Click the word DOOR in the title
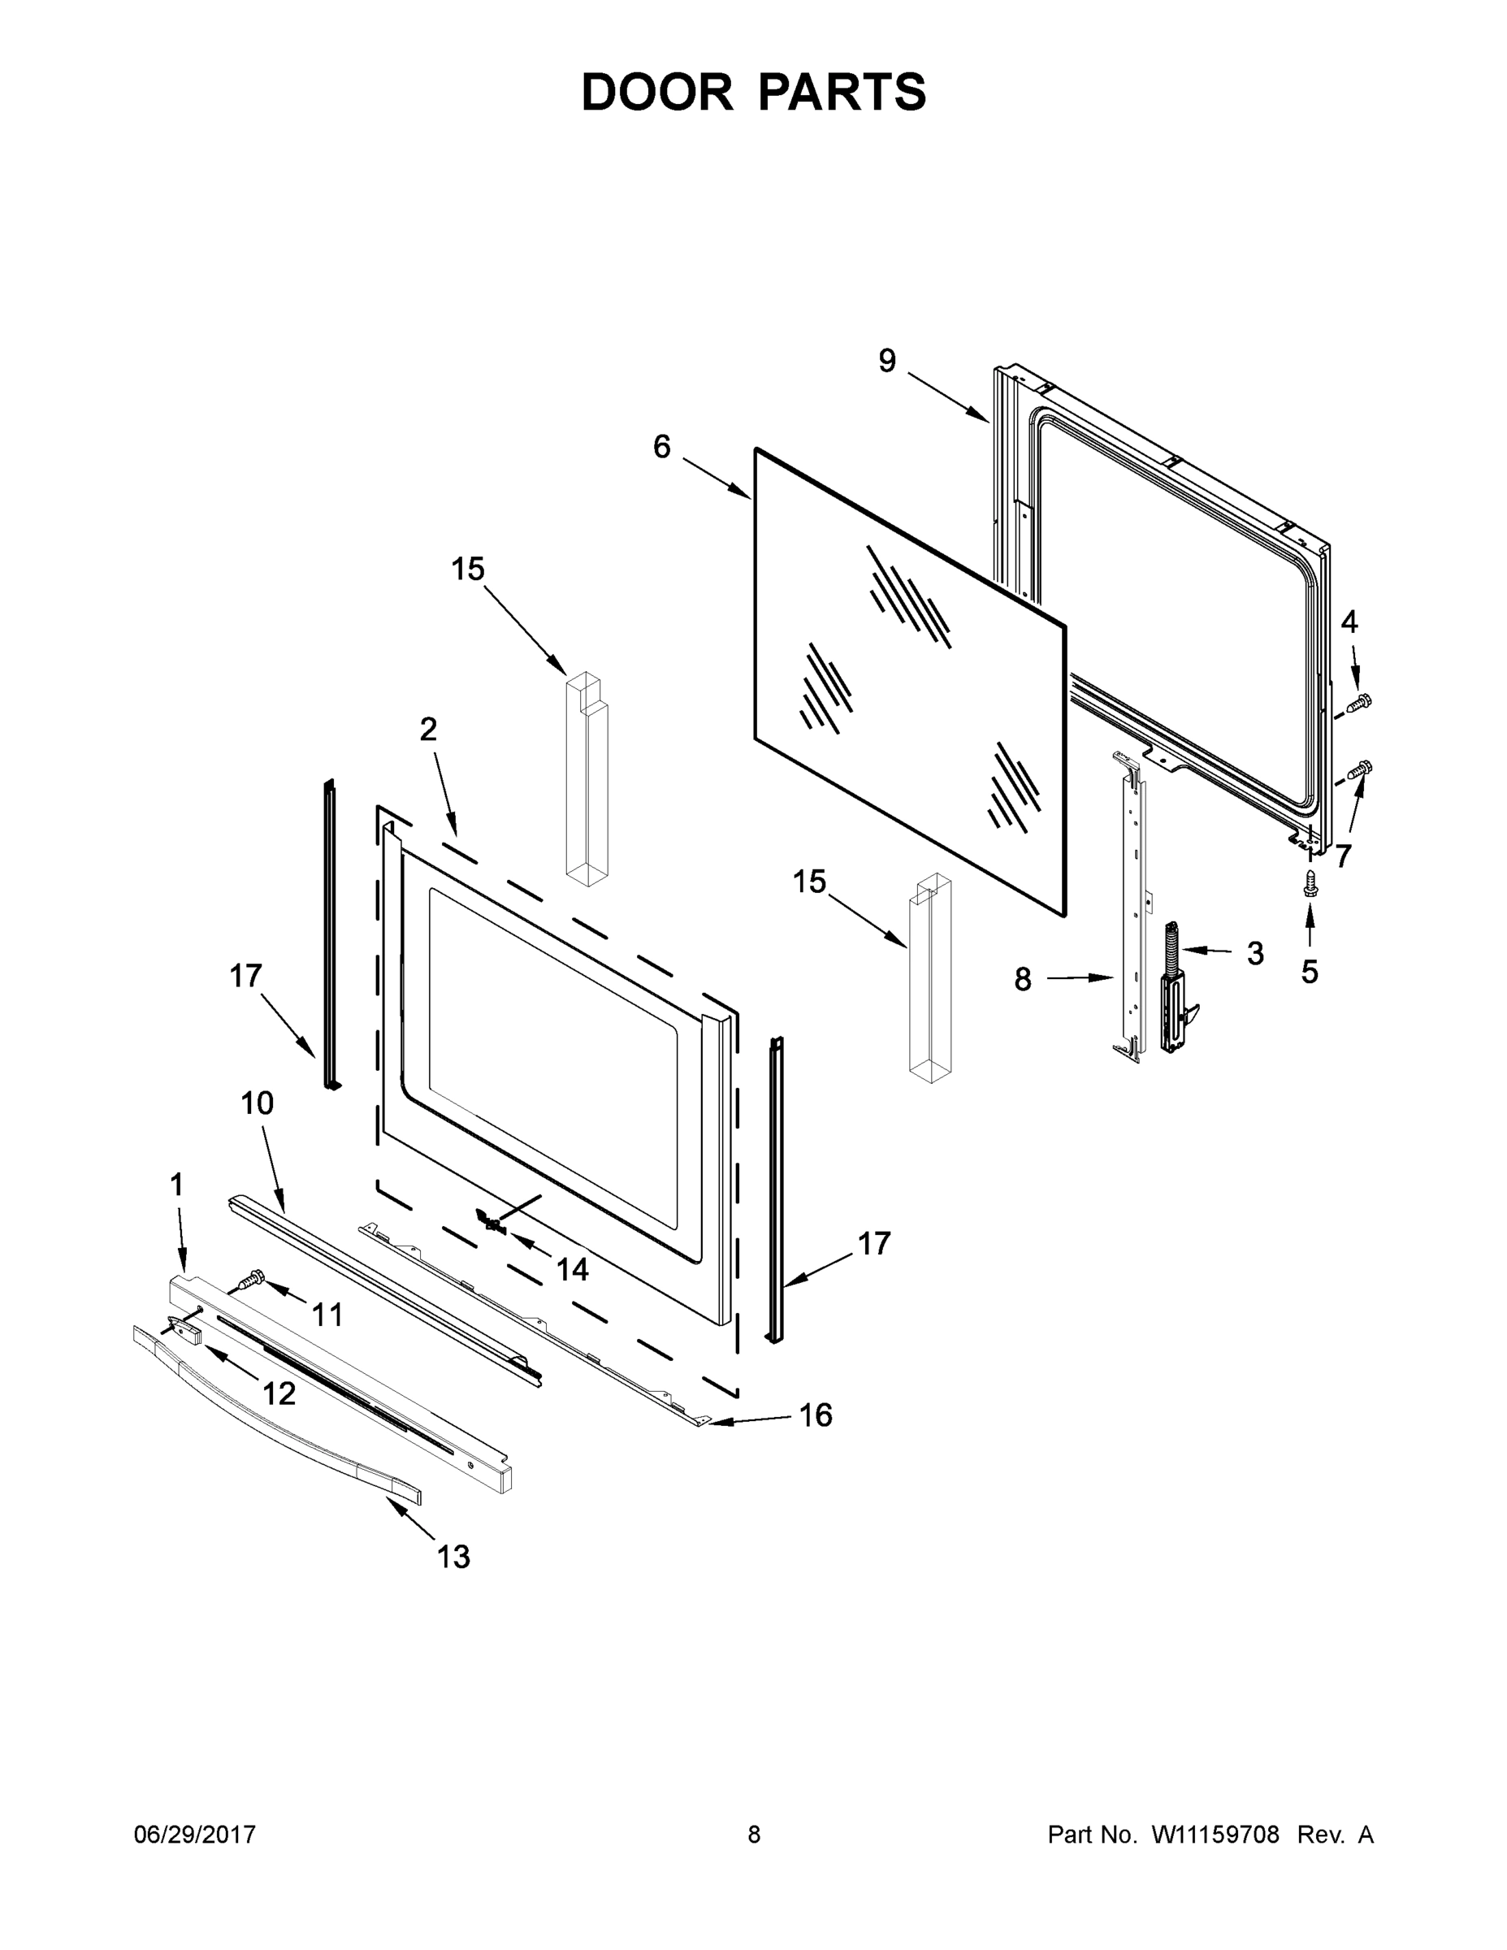click(x=656, y=93)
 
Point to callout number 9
click(x=886, y=362)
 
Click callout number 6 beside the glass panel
click(x=661, y=446)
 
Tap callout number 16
click(x=816, y=1415)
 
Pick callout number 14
click(x=572, y=1270)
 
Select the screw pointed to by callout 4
click(x=1360, y=702)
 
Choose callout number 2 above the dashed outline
click(x=428, y=730)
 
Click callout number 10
click(x=257, y=1103)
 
